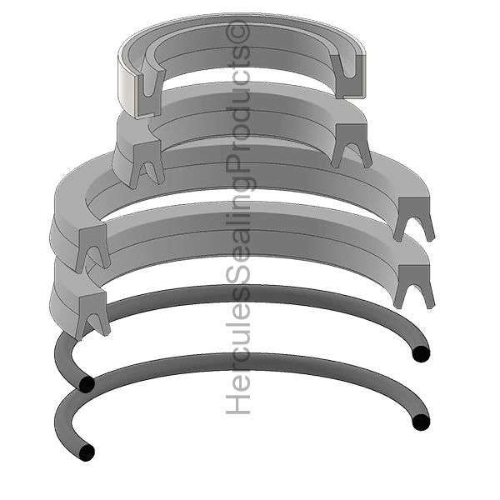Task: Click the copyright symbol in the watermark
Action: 237,32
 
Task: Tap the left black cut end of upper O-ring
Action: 87,384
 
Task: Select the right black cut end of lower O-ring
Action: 421,422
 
